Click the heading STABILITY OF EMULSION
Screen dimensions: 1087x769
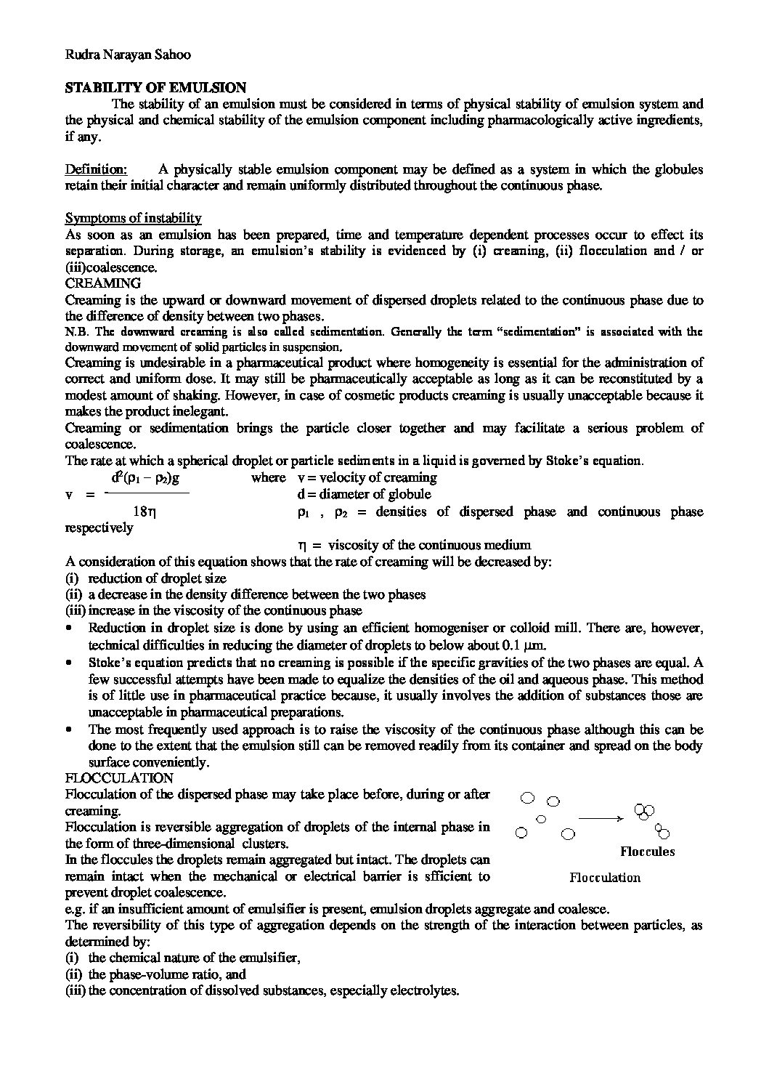pyautogui.click(x=155, y=88)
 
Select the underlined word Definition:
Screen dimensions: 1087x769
pyautogui.click(x=96, y=169)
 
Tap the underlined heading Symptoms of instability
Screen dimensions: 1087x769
pyautogui.click(x=134, y=218)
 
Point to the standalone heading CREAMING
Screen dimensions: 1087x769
pyautogui.click(x=103, y=283)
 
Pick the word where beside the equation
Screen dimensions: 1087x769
pyautogui.click(x=269, y=478)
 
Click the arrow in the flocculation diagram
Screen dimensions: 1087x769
pyautogui.click(x=601, y=818)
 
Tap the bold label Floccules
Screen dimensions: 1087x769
pyautogui.click(x=647, y=852)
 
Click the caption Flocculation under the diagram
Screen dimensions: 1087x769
pyautogui.click(x=605, y=878)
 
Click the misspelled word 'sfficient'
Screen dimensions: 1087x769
pyautogui.click(x=447, y=876)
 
